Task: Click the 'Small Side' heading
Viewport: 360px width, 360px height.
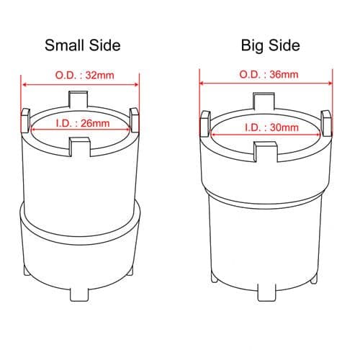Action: click(x=83, y=45)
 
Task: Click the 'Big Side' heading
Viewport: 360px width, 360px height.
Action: click(x=271, y=45)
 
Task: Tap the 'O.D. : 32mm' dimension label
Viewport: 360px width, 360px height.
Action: click(x=84, y=76)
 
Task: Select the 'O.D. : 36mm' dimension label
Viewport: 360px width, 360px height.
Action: click(x=269, y=74)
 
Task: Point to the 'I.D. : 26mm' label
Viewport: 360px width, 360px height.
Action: click(x=83, y=123)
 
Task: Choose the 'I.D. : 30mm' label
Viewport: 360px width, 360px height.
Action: click(x=271, y=127)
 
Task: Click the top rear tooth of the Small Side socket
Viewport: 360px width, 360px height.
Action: click(x=78, y=99)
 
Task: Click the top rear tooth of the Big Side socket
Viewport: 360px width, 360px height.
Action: click(x=264, y=102)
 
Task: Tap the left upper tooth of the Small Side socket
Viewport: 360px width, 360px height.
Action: click(x=25, y=120)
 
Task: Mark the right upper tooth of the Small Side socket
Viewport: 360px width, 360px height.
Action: click(x=134, y=120)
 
